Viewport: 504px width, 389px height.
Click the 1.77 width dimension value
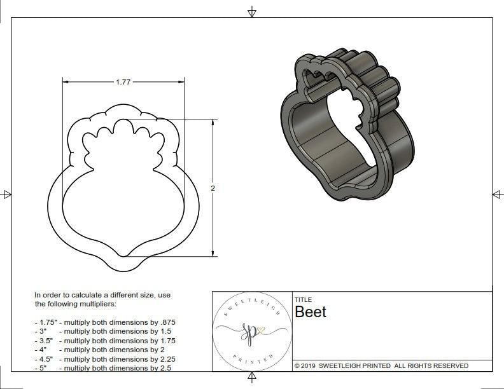(x=123, y=82)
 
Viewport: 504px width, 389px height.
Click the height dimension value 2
(x=213, y=188)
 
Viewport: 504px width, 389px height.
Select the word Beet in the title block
(x=311, y=311)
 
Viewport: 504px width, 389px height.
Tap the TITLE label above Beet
(x=303, y=299)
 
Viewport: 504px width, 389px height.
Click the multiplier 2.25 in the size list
(x=164, y=358)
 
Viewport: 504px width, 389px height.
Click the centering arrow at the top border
(x=252, y=11)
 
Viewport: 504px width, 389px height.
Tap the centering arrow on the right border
(x=497, y=194)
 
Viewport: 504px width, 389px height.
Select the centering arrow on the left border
(x=7, y=194)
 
